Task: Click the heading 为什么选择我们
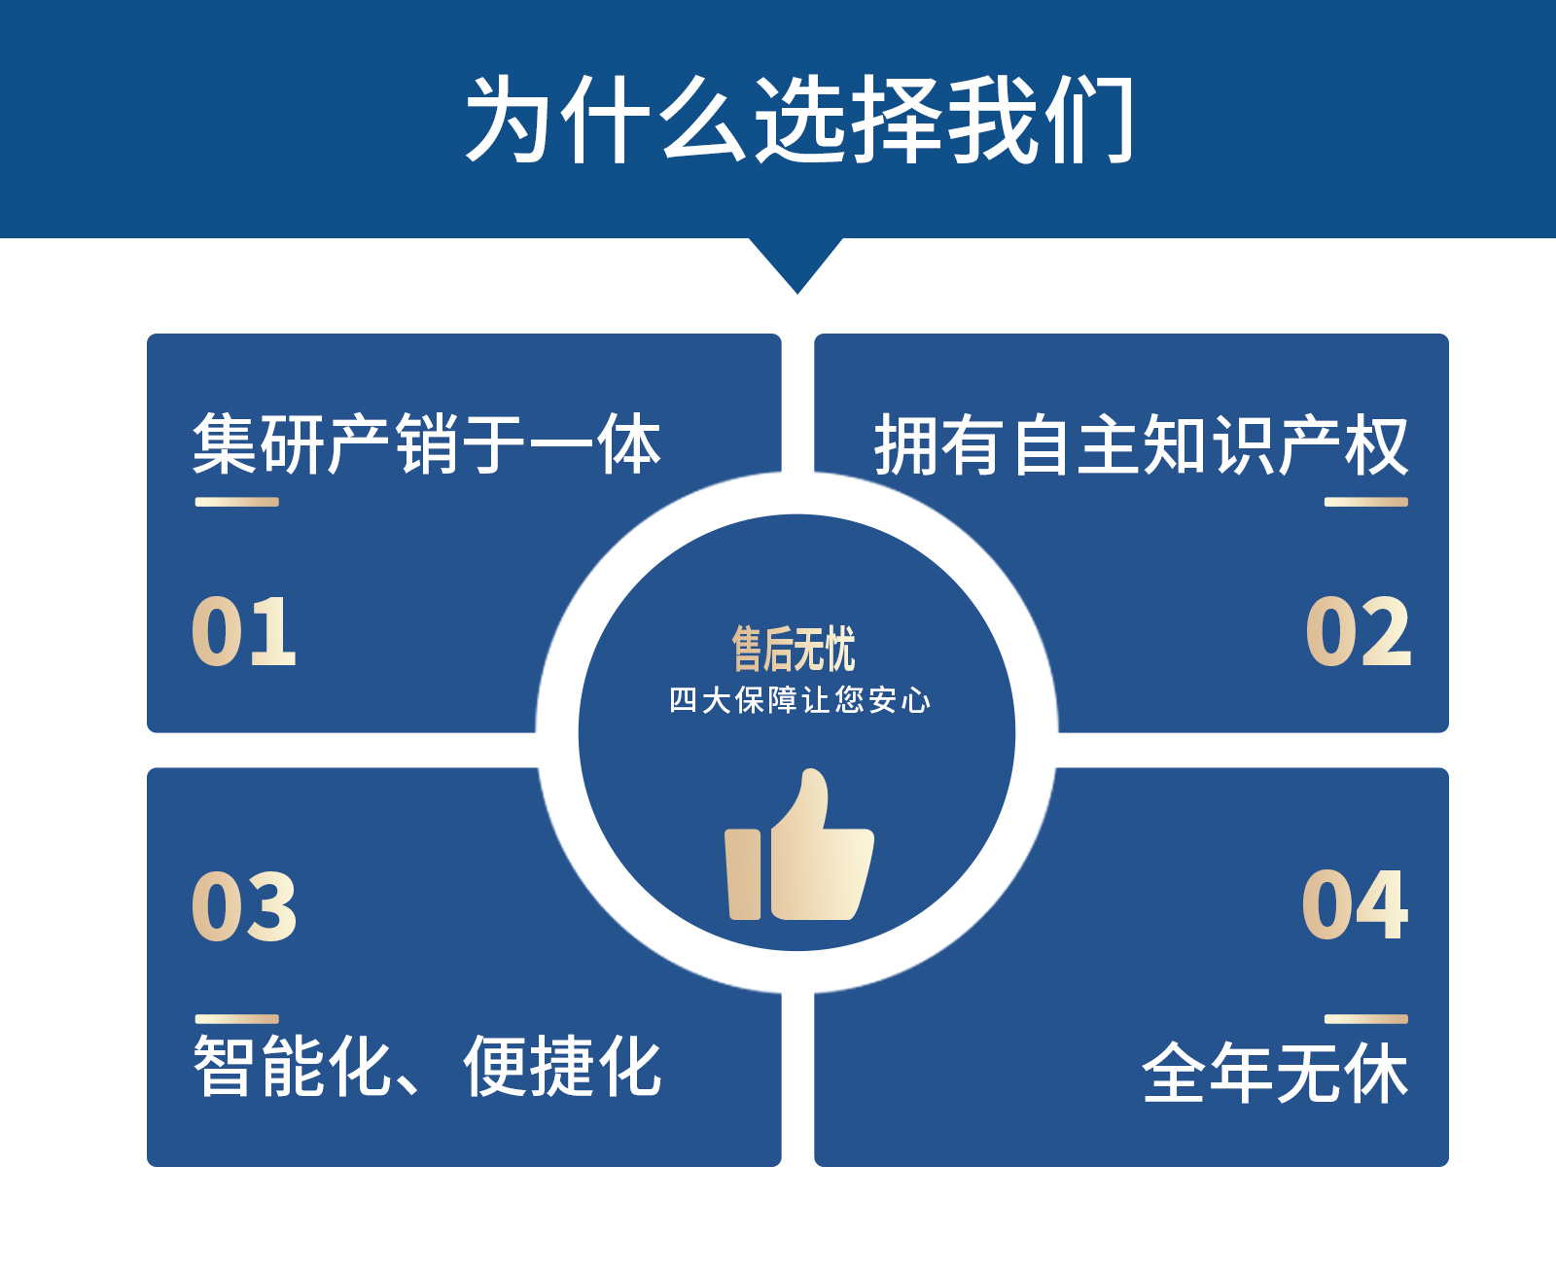pyautogui.click(x=799, y=120)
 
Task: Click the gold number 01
pyautogui.click(x=243, y=631)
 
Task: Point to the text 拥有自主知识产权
pyautogui.click(x=1142, y=444)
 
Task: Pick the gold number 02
pyautogui.click(x=1359, y=631)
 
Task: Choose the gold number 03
pyautogui.click(x=243, y=905)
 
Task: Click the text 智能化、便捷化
pyautogui.click(x=427, y=1066)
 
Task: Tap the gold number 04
pyautogui.click(x=1356, y=903)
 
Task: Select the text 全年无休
pyautogui.click(x=1276, y=1073)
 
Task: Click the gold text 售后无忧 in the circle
pyautogui.click(x=794, y=649)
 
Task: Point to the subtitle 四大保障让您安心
pyautogui.click(x=799, y=699)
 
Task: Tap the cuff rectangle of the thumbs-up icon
pyautogui.click(x=743, y=874)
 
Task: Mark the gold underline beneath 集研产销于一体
pyautogui.click(x=237, y=502)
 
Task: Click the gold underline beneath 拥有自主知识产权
pyautogui.click(x=1366, y=502)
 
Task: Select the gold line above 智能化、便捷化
pyautogui.click(x=237, y=1019)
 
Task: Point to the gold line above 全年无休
pyautogui.click(x=1366, y=1019)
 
